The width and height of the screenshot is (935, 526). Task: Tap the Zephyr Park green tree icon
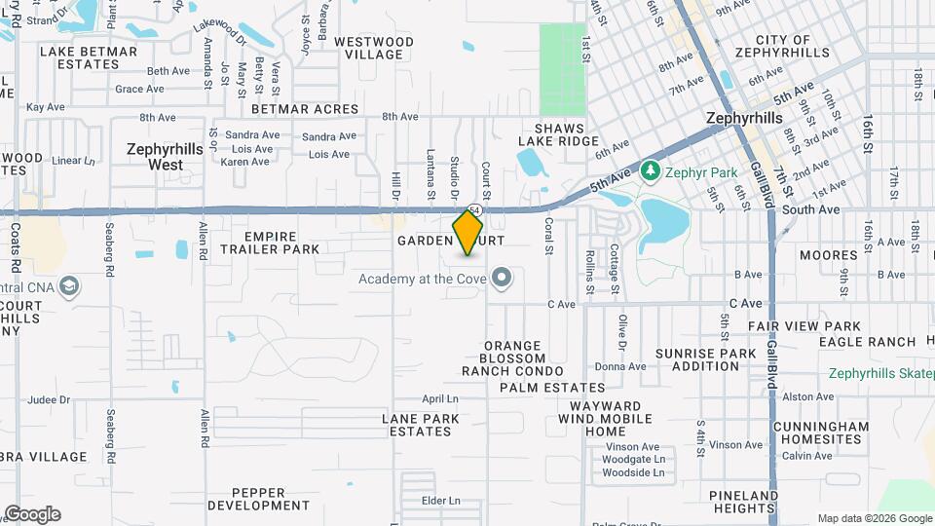(x=650, y=172)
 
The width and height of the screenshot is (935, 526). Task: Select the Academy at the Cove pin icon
(x=503, y=280)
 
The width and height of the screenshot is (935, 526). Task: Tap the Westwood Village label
(x=374, y=49)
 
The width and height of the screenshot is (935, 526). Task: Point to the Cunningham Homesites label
(x=821, y=432)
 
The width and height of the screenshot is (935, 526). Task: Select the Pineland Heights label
(x=743, y=502)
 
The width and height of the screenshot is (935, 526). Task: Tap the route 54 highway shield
(x=473, y=209)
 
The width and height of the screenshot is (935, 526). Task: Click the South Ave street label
(x=810, y=209)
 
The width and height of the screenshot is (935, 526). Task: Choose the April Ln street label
(x=440, y=399)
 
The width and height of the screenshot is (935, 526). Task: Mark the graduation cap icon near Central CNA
(x=69, y=286)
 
